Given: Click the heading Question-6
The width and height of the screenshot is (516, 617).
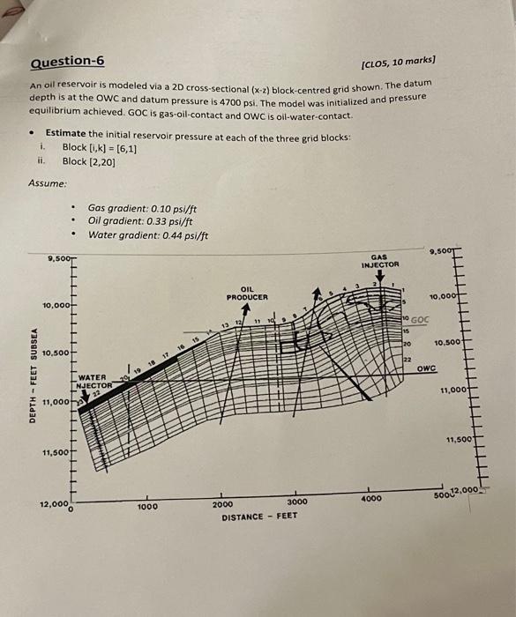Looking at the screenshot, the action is point(67,61).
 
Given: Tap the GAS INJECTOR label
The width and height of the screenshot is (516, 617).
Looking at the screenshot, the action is point(379,259).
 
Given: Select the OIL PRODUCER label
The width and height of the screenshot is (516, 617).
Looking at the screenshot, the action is point(247,294).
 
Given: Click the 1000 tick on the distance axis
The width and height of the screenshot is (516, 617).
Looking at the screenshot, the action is point(147,508).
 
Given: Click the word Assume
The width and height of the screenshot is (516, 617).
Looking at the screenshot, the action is point(44,182).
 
